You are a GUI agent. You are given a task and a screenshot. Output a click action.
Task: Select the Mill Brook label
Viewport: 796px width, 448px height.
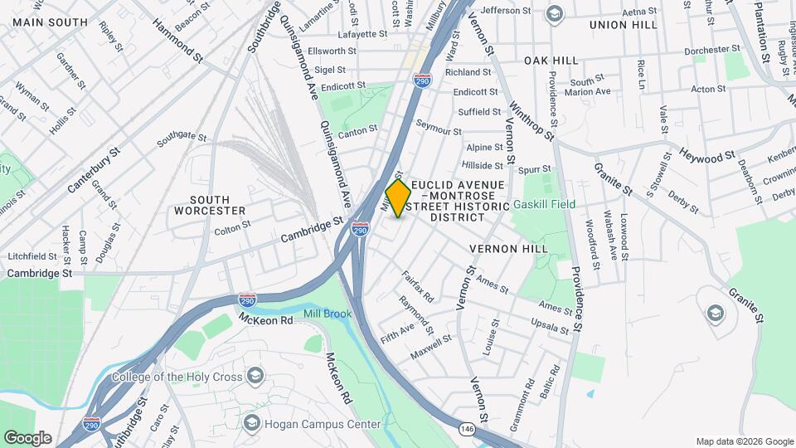[328, 314]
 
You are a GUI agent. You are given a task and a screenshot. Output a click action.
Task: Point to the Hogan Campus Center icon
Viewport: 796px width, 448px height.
[251, 424]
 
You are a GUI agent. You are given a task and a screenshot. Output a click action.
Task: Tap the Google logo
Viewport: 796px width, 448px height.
[27, 437]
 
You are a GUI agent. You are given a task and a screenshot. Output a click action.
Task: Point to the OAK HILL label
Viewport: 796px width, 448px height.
[551, 61]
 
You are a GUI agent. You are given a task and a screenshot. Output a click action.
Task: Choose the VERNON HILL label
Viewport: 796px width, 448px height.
[508, 249]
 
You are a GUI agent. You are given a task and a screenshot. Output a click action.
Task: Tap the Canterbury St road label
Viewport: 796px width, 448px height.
[94, 170]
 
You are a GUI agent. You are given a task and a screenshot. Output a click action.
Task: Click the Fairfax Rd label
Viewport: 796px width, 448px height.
[418, 285]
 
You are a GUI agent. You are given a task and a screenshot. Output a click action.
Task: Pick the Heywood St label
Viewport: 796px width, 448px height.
[707, 155]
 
